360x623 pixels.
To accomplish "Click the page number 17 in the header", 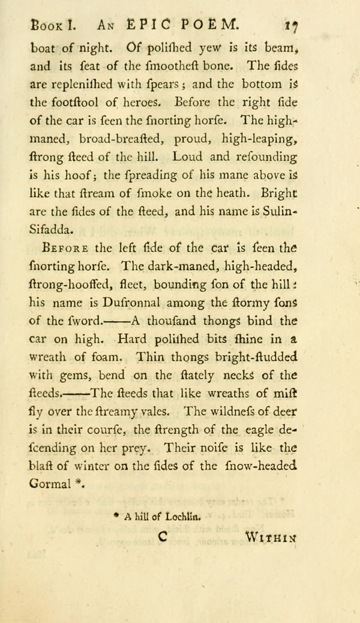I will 292,26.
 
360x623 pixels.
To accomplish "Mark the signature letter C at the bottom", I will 162,538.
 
